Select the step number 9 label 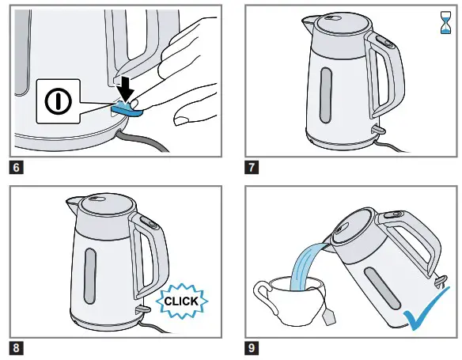tap(251, 346)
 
